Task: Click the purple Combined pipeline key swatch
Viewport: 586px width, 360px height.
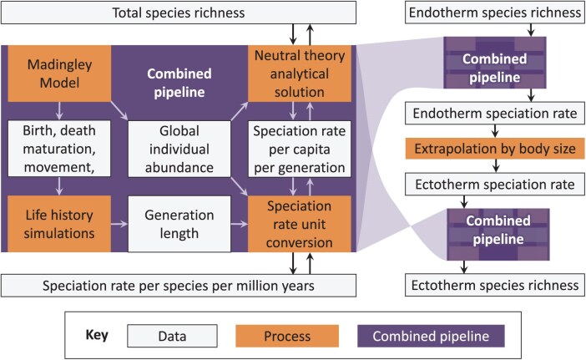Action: [x=441, y=336]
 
